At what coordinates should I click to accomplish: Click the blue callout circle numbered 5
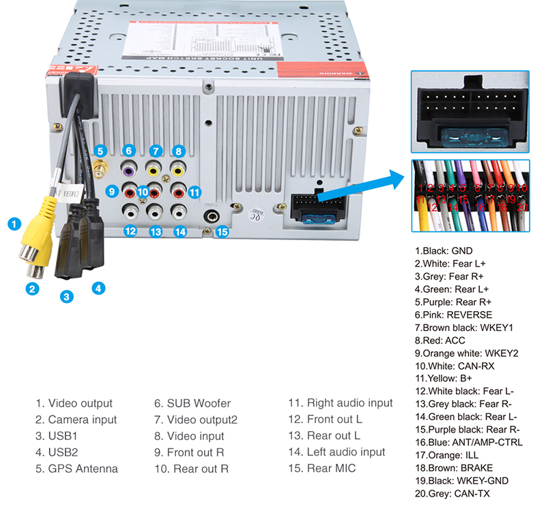(x=100, y=151)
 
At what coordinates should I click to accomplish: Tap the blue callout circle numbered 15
(x=221, y=231)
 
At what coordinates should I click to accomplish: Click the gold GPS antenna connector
(x=101, y=168)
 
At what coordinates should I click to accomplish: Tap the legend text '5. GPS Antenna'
(x=76, y=469)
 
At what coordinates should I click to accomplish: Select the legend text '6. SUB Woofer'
(x=192, y=403)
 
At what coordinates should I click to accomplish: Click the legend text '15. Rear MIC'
(x=321, y=469)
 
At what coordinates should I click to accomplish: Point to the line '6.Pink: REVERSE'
(x=453, y=315)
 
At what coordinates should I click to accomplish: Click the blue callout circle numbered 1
(x=14, y=222)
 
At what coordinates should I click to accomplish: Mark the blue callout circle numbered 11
(x=195, y=192)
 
